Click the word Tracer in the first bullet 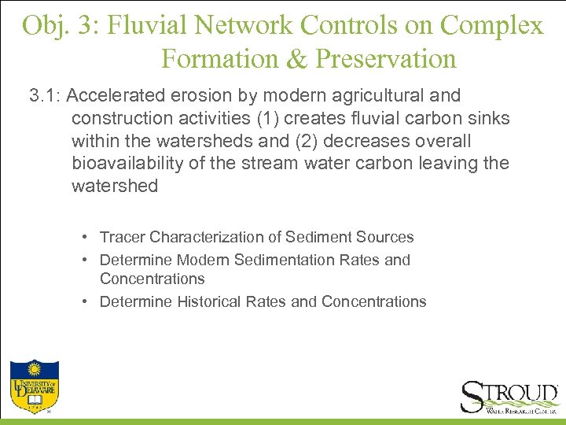122,237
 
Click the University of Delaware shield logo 34,386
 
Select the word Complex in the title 492,25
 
